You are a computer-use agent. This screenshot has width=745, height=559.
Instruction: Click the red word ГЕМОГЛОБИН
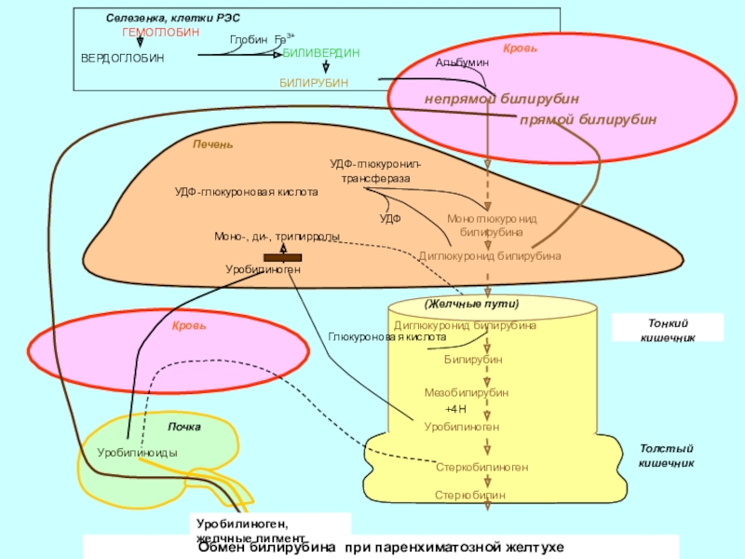click(160, 32)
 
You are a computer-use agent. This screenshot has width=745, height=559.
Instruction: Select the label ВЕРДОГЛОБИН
click(122, 58)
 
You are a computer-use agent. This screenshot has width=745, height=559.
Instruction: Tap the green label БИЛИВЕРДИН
click(320, 53)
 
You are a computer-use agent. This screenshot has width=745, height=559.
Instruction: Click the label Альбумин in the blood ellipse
click(462, 61)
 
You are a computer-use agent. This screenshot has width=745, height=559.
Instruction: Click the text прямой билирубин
click(588, 120)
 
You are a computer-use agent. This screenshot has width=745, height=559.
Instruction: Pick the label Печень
click(213, 144)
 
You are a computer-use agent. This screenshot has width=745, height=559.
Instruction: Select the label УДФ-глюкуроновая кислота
click(246, 192)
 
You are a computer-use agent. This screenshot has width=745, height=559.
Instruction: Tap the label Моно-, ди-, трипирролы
click(277, 237)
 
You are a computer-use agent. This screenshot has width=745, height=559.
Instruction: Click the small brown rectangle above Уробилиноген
click(282, 256)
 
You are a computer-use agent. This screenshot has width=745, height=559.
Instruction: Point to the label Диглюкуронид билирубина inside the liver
click(489, 255)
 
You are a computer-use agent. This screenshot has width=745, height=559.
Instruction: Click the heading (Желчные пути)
click(471, 305)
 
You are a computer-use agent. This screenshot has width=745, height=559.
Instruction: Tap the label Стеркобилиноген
click(481, 467)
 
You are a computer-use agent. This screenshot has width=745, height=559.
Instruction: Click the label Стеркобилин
click(471, 496)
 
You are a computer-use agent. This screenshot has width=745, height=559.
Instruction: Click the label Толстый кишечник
click(666, 455)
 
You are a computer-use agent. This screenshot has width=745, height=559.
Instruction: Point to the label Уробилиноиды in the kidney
click(137, 452)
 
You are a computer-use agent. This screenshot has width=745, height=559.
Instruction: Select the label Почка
click(183, 427)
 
